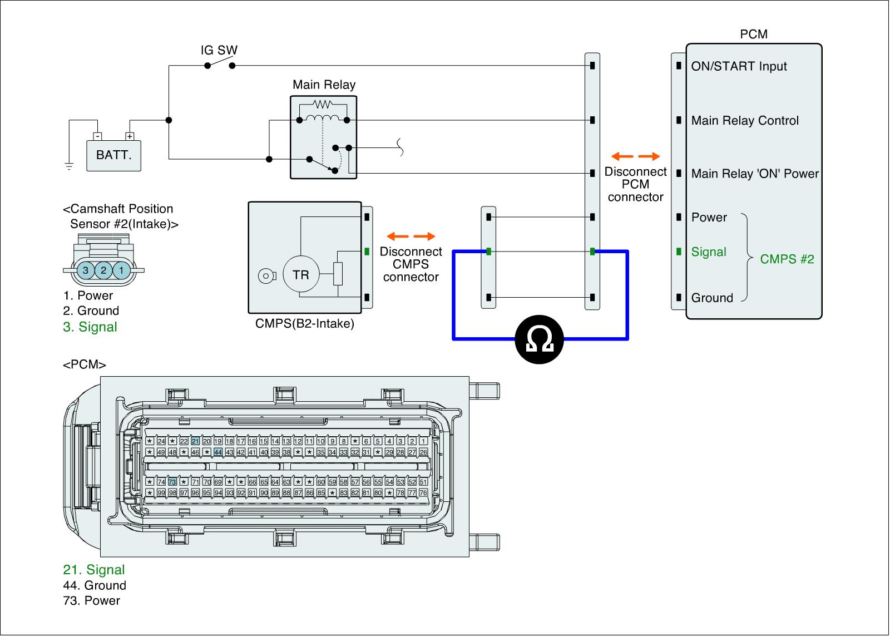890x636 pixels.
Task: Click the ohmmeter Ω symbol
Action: click(x=539, y=339)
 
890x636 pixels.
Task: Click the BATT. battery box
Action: click(x=113, y=155)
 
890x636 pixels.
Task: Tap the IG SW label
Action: click(x=219, y=50)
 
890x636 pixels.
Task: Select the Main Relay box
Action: click(x=323, y=136)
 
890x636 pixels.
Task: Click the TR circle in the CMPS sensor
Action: click(x=300, y=274)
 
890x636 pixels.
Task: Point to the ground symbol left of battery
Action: click(x=69, y=165)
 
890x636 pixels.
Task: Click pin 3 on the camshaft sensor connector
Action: click(x=85, y=270)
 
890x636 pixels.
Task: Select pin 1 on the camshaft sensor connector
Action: click(x=121, y=270)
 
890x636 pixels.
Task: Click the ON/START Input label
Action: click(x=739, y=66)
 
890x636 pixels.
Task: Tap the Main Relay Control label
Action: click(x=745, y=121)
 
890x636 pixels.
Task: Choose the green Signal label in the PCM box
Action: click(x=709, y=252)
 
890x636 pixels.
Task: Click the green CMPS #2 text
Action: click(x=787, y=259)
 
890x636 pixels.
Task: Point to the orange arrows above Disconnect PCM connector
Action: click(x=635, y=156)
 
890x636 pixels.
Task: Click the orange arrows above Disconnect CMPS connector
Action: click(x=411, y=236)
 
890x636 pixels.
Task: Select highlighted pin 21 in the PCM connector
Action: click(x=195, y=441)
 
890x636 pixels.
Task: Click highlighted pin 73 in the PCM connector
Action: click(x=172, y=482)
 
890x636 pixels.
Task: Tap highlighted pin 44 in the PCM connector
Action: click(x=218, y=452)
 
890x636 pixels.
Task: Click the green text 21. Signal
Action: click(x=94, y=570)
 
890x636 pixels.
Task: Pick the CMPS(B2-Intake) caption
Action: click(x=304, y=323)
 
